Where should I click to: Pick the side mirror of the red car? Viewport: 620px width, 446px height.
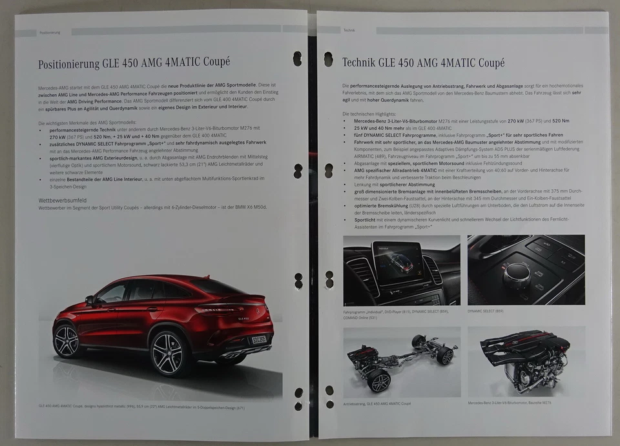tap(89, 301)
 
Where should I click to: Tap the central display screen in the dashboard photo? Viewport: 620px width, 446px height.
tap(397, 263)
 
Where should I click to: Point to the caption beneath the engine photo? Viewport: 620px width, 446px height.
tap(510, 403)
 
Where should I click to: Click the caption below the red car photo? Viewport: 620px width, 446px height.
tap(141, 407)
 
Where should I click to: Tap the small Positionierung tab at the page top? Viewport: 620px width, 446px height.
tap(50, 32)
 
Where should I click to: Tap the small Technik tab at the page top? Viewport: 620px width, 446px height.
tap(349, 30)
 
